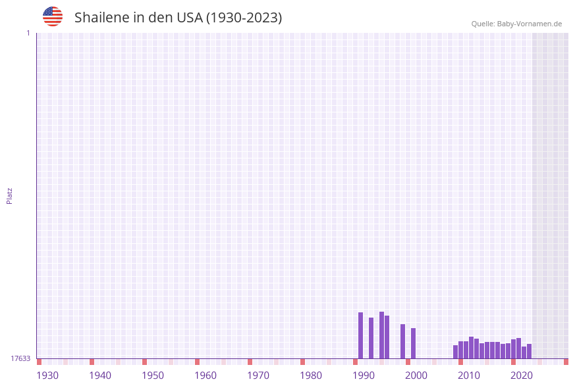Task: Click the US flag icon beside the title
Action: tap(53, 16)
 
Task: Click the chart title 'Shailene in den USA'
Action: tap(178, 18)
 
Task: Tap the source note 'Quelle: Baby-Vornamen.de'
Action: tap(516, 24)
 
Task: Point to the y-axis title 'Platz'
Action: tap(10, 195)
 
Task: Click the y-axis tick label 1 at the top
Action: tap(28, 33)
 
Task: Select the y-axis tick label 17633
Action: tap(20, 358)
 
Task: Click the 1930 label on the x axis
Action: tap(47, 375)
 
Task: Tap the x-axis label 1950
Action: tap(153, 375)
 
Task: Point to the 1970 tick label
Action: tap(258, 375)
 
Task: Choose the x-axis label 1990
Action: tap(364, 375)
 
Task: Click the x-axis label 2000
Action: tap(416, 375)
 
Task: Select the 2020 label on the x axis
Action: tap(522, 375)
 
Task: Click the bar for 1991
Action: tap(361, 335)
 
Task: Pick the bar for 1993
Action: tap(371, 338)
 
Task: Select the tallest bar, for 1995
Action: tap(382, 335)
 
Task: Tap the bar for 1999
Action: tap(403, 341)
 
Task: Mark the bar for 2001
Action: tap(414, 343)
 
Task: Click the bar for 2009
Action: tap(456, 352)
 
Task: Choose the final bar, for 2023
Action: tap(530, 351)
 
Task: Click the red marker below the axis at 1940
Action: tap(92, 362)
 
